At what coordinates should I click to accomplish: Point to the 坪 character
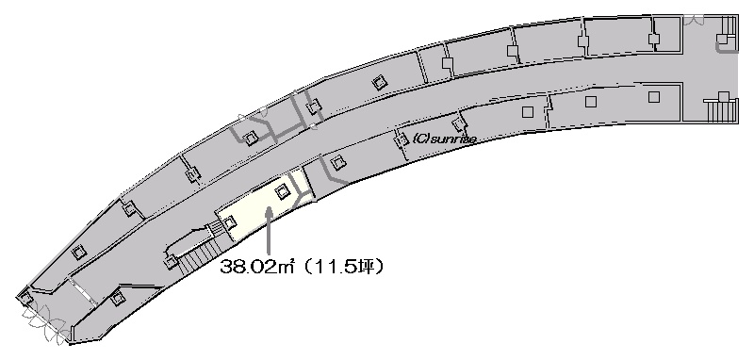click(x=365, y=267)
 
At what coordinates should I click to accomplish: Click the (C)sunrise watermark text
click(x=445, y=139)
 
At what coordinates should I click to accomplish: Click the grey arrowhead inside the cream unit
click(x=270, y=211)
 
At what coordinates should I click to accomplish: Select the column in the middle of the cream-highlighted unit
click(x=282, y=192)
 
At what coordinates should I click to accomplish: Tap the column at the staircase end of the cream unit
click(x=229, y=222)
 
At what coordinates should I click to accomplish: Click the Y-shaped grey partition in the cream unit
click(x=303, y=196)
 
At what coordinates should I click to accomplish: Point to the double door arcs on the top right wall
click(x=694, y=20)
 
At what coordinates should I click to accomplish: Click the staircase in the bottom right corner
click(x=721, y=110)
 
